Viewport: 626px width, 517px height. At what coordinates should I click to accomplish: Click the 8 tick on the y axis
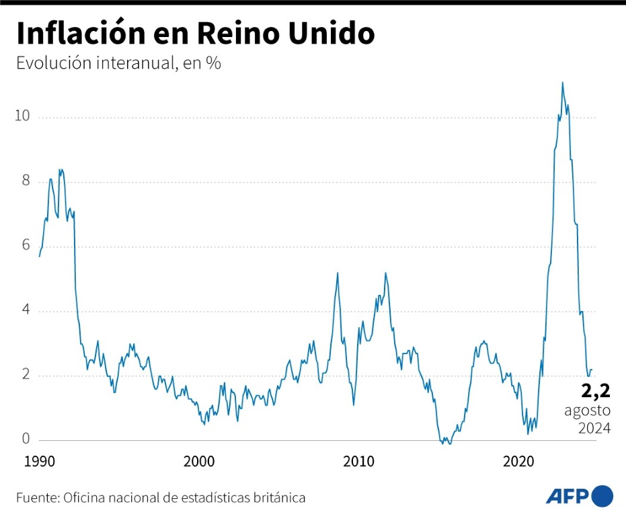point(26,180)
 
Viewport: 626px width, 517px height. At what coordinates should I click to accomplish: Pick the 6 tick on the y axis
point(26,245)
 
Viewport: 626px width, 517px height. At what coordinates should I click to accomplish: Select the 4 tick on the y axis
point(26,310)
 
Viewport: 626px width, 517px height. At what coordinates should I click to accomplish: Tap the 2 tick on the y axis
point(26,375)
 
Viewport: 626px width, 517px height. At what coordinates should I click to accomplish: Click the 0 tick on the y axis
point(26,439)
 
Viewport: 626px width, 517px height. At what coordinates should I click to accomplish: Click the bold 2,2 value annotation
point(595,390)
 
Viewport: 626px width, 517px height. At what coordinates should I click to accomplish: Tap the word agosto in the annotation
point(587,410)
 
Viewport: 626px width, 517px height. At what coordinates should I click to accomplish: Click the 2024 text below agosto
point(594,428)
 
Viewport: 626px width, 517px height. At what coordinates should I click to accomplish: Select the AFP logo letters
point(567,497)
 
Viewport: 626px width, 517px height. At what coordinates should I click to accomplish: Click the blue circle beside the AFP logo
point(602,496)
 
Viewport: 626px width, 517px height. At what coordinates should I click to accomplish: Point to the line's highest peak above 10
point(562,83)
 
